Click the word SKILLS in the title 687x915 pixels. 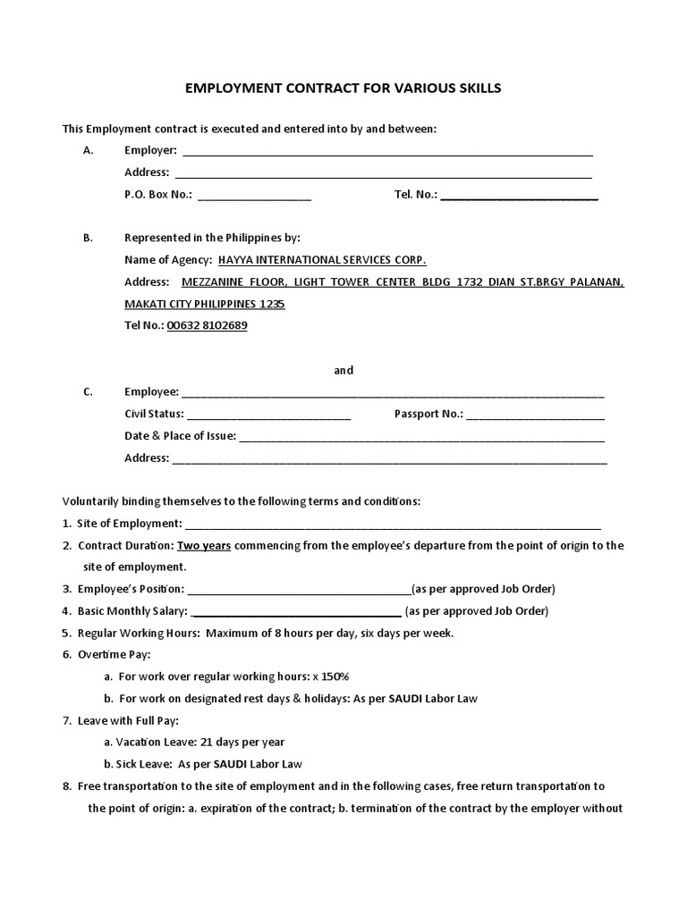(471, 88)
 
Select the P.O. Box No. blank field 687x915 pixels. (254, 196)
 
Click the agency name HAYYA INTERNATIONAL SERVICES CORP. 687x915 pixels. (316, 260)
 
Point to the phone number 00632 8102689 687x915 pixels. (208, 326)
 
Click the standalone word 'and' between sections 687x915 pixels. (343, 370)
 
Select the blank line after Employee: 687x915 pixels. (393, 393)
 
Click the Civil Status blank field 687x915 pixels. (268, 416)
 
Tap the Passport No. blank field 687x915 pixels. (535, 416)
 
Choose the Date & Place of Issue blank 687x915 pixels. (421, 438)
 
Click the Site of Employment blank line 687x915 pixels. (393, 525)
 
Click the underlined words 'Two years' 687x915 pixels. (204, 545)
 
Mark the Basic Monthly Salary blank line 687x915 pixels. (296, 613)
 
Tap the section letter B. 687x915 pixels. (88, 239)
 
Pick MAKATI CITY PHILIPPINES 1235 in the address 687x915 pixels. (205, 304)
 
